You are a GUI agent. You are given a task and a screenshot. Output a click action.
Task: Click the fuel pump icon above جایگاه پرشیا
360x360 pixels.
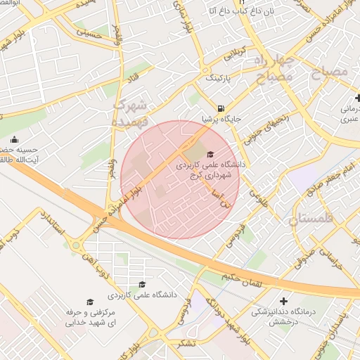pyautogui.click(x=221, y=108)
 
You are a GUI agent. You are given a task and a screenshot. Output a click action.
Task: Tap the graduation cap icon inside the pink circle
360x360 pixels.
pyautogui.click(x=210, y=154)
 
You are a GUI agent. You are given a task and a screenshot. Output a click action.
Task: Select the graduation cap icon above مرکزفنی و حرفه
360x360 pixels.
pyautogui.click(x=89, y=300)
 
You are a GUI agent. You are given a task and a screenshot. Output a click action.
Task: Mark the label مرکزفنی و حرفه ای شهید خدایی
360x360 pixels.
pyautogui.click(x=89, y=317)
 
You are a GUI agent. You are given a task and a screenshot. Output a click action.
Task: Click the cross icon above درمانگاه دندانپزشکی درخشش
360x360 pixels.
pyautogui.click(x=283, y=300)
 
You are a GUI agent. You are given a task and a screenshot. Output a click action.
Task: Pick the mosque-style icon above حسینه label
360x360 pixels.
pyautogui.click(x=15, y=139)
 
